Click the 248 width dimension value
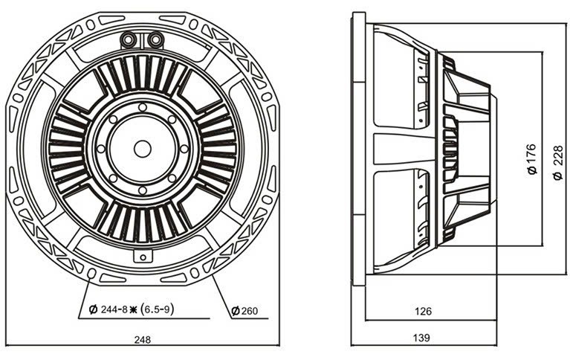click(142, 340)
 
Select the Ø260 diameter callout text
click(244, 310)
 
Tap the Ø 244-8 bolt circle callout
click(109, 309)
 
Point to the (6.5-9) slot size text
click(157, 309)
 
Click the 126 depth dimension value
click(423, 311)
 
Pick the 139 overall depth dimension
click(421, 338)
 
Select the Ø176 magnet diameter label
click(531, 159)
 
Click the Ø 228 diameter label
click(558, 162)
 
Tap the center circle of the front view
click(143, 149)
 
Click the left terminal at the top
click(128, 39)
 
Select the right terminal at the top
click(156, 39)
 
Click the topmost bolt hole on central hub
click(143, 107)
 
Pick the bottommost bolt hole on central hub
click(143, 190)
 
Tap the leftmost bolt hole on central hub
click(101, 149)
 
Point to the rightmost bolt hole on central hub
click(184, 149)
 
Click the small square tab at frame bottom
click(143, 256)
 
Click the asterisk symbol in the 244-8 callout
click(133, 309)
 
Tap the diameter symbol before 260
click(236, 311)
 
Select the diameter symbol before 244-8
click(94, 309)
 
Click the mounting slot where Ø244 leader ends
click(92, 273)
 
